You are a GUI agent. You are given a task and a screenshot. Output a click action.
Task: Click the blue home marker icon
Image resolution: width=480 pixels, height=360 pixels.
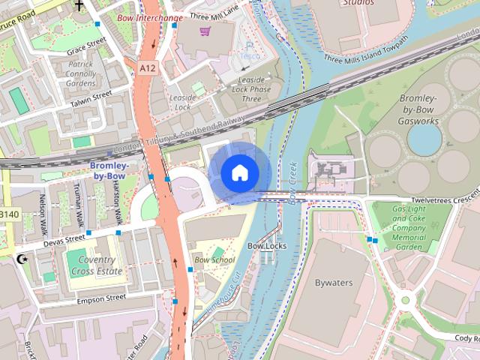(x=239, y=172)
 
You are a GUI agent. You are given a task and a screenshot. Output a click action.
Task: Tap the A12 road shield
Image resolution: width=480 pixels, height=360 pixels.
(x=147, y=68)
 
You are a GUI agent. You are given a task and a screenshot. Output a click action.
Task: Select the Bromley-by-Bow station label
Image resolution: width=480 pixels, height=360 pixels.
(x=109, y=170)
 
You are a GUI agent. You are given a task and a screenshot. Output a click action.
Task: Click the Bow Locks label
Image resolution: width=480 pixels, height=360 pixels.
(x=267, y=245)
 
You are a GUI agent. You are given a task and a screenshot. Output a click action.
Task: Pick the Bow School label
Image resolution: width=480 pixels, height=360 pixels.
(x=214, y=260)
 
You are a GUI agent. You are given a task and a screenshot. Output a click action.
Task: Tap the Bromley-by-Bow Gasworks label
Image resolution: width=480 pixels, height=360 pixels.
(x=418, y=109)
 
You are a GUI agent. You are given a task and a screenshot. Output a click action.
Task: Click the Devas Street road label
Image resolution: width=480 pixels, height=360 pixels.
(x=64, y=239)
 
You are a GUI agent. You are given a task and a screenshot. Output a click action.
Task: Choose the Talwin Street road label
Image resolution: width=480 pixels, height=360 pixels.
(x=91, y=100)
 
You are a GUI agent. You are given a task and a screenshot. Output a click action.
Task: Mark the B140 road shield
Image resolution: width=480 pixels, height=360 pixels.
(x=8, y=214)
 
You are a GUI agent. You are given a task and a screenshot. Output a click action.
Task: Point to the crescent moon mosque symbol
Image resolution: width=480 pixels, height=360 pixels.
(x=21, y=259)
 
